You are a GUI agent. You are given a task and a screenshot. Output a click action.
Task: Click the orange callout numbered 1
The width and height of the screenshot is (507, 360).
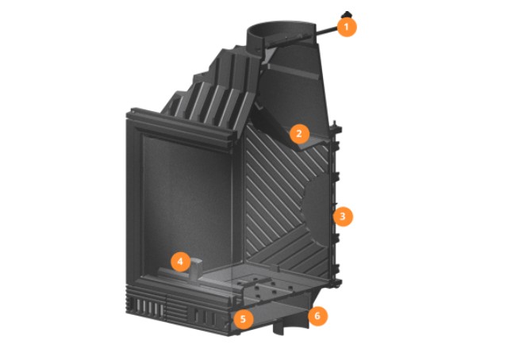pyautogui.click(x=347, y=27)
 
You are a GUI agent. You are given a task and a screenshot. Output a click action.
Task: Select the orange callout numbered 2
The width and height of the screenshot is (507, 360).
pyautogui.click(x=299, y=133)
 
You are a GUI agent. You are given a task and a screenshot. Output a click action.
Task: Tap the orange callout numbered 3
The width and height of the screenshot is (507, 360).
pyautogui.click(x=343, y=216)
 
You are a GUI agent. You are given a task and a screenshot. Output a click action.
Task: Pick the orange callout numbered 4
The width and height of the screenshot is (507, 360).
pyautogui.click(x=180, y=262)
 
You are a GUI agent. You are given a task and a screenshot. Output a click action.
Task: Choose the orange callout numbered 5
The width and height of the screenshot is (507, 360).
pyautogui.click(x=243, y=320)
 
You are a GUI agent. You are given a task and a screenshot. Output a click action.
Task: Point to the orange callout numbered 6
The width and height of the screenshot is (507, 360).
pyautogui.click(x=317, y=316)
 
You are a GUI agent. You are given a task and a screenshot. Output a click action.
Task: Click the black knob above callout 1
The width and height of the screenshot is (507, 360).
pyautogui.click(x=347, y=14)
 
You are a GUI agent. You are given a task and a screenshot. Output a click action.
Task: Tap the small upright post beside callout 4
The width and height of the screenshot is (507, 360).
pyautogui.click(x=196, y=270)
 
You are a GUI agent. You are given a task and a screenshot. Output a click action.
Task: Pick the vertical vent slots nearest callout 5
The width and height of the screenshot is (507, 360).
pyautogui.click(x=205, y=316)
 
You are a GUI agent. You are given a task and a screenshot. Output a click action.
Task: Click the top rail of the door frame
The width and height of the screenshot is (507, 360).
pyautogui.click(x=180, y=128)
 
